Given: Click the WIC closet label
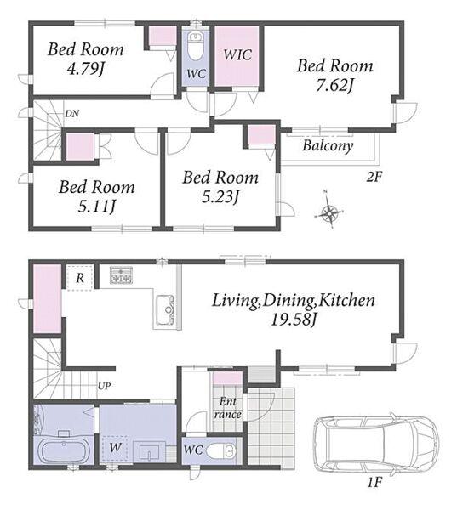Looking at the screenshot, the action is point(237,54).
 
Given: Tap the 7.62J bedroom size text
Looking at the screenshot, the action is point(335,86).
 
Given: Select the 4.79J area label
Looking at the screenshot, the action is point(86,69).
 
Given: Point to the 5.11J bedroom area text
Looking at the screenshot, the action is point(97,207).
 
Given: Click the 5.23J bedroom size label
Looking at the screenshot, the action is point(221,197).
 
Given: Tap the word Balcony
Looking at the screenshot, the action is point(328,145).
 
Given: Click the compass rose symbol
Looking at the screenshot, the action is point(329,213).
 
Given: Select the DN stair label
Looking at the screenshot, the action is point(72,114).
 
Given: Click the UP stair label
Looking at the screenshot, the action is point(104,386).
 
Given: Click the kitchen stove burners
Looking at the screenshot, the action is point(121,275).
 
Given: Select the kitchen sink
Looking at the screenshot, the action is point(164,310).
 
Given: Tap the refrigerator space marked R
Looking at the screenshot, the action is point(81,277).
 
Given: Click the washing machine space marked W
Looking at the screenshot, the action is point(115,449).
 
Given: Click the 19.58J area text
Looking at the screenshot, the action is point(294,320).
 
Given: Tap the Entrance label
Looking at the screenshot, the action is point(228,408).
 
